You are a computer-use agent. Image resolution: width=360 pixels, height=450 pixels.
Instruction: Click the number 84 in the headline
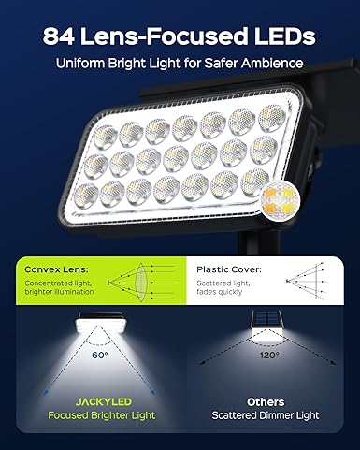pyautogui.click(x=59, y=36)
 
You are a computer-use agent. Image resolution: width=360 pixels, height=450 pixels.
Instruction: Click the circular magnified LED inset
pyautogui.click(x=281, y=199)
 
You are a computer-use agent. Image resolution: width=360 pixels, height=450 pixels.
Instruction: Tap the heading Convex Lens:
pyautogui.click(x=56, y=269)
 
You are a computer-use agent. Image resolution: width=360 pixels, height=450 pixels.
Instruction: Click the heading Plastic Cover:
pyautogui.click(x=229, y=269)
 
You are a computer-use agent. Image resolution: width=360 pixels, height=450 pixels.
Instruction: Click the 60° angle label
pyautogui.click(x=100, y=355)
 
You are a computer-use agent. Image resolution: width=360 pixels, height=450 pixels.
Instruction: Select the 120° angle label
pyautogui.click(x=269, y=355)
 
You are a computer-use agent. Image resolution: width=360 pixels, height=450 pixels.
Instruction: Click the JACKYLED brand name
pyautogui.click(x=104, y=401)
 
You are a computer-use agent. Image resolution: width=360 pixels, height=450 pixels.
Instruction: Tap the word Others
pyautogui.click(x=266, y=402)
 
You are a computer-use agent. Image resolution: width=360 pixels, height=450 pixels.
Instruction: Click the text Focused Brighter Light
pyautogui.click(x=102, y=415)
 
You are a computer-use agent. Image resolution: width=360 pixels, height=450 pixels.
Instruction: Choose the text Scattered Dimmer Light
pyautogui.click(x=266, y=415)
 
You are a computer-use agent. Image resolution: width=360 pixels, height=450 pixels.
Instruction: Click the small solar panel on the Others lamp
pyautogui.click(x=266, y=319)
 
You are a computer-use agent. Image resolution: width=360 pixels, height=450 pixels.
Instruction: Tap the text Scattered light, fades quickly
pyautogui.click(x=223, y=287)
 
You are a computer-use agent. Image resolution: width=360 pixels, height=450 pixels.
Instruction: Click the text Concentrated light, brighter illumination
pyautogui.click(x=59, y=287)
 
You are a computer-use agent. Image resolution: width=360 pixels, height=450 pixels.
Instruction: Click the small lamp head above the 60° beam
pyautogui.click(x=99, y=322)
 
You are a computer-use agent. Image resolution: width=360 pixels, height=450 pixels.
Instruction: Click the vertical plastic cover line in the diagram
pyautogui.click(x=317, y=282)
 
